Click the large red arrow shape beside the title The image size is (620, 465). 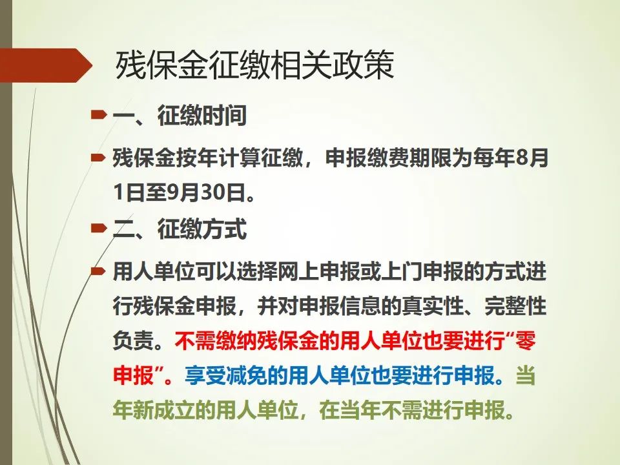[x=46, y=65]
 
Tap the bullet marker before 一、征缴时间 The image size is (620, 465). [x=98, y=115]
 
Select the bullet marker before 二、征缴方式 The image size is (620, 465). [x=98, y=229]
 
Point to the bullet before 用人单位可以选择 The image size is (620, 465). [x=98, y=271]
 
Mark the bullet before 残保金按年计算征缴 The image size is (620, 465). [x=98, y=158]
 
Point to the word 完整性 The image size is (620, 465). [x=516, y=306]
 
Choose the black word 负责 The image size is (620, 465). [x=133, y=340]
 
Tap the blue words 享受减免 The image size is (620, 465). [x=225, y=375]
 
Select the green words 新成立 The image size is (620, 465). [x=165, y=410]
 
